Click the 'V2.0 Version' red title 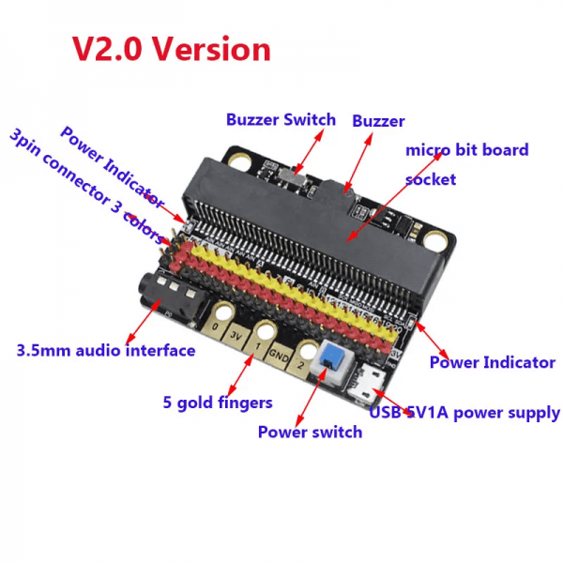coord(172,49)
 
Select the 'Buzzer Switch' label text coord(281,120)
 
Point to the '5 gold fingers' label coord(218,403)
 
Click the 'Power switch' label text coord(310,433)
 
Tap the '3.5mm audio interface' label coord(106,351)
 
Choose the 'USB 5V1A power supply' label coord(464,413)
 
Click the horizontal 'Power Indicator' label coord(492,362)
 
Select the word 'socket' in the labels coord(431,178)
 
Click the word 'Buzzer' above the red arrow coord(378,121)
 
